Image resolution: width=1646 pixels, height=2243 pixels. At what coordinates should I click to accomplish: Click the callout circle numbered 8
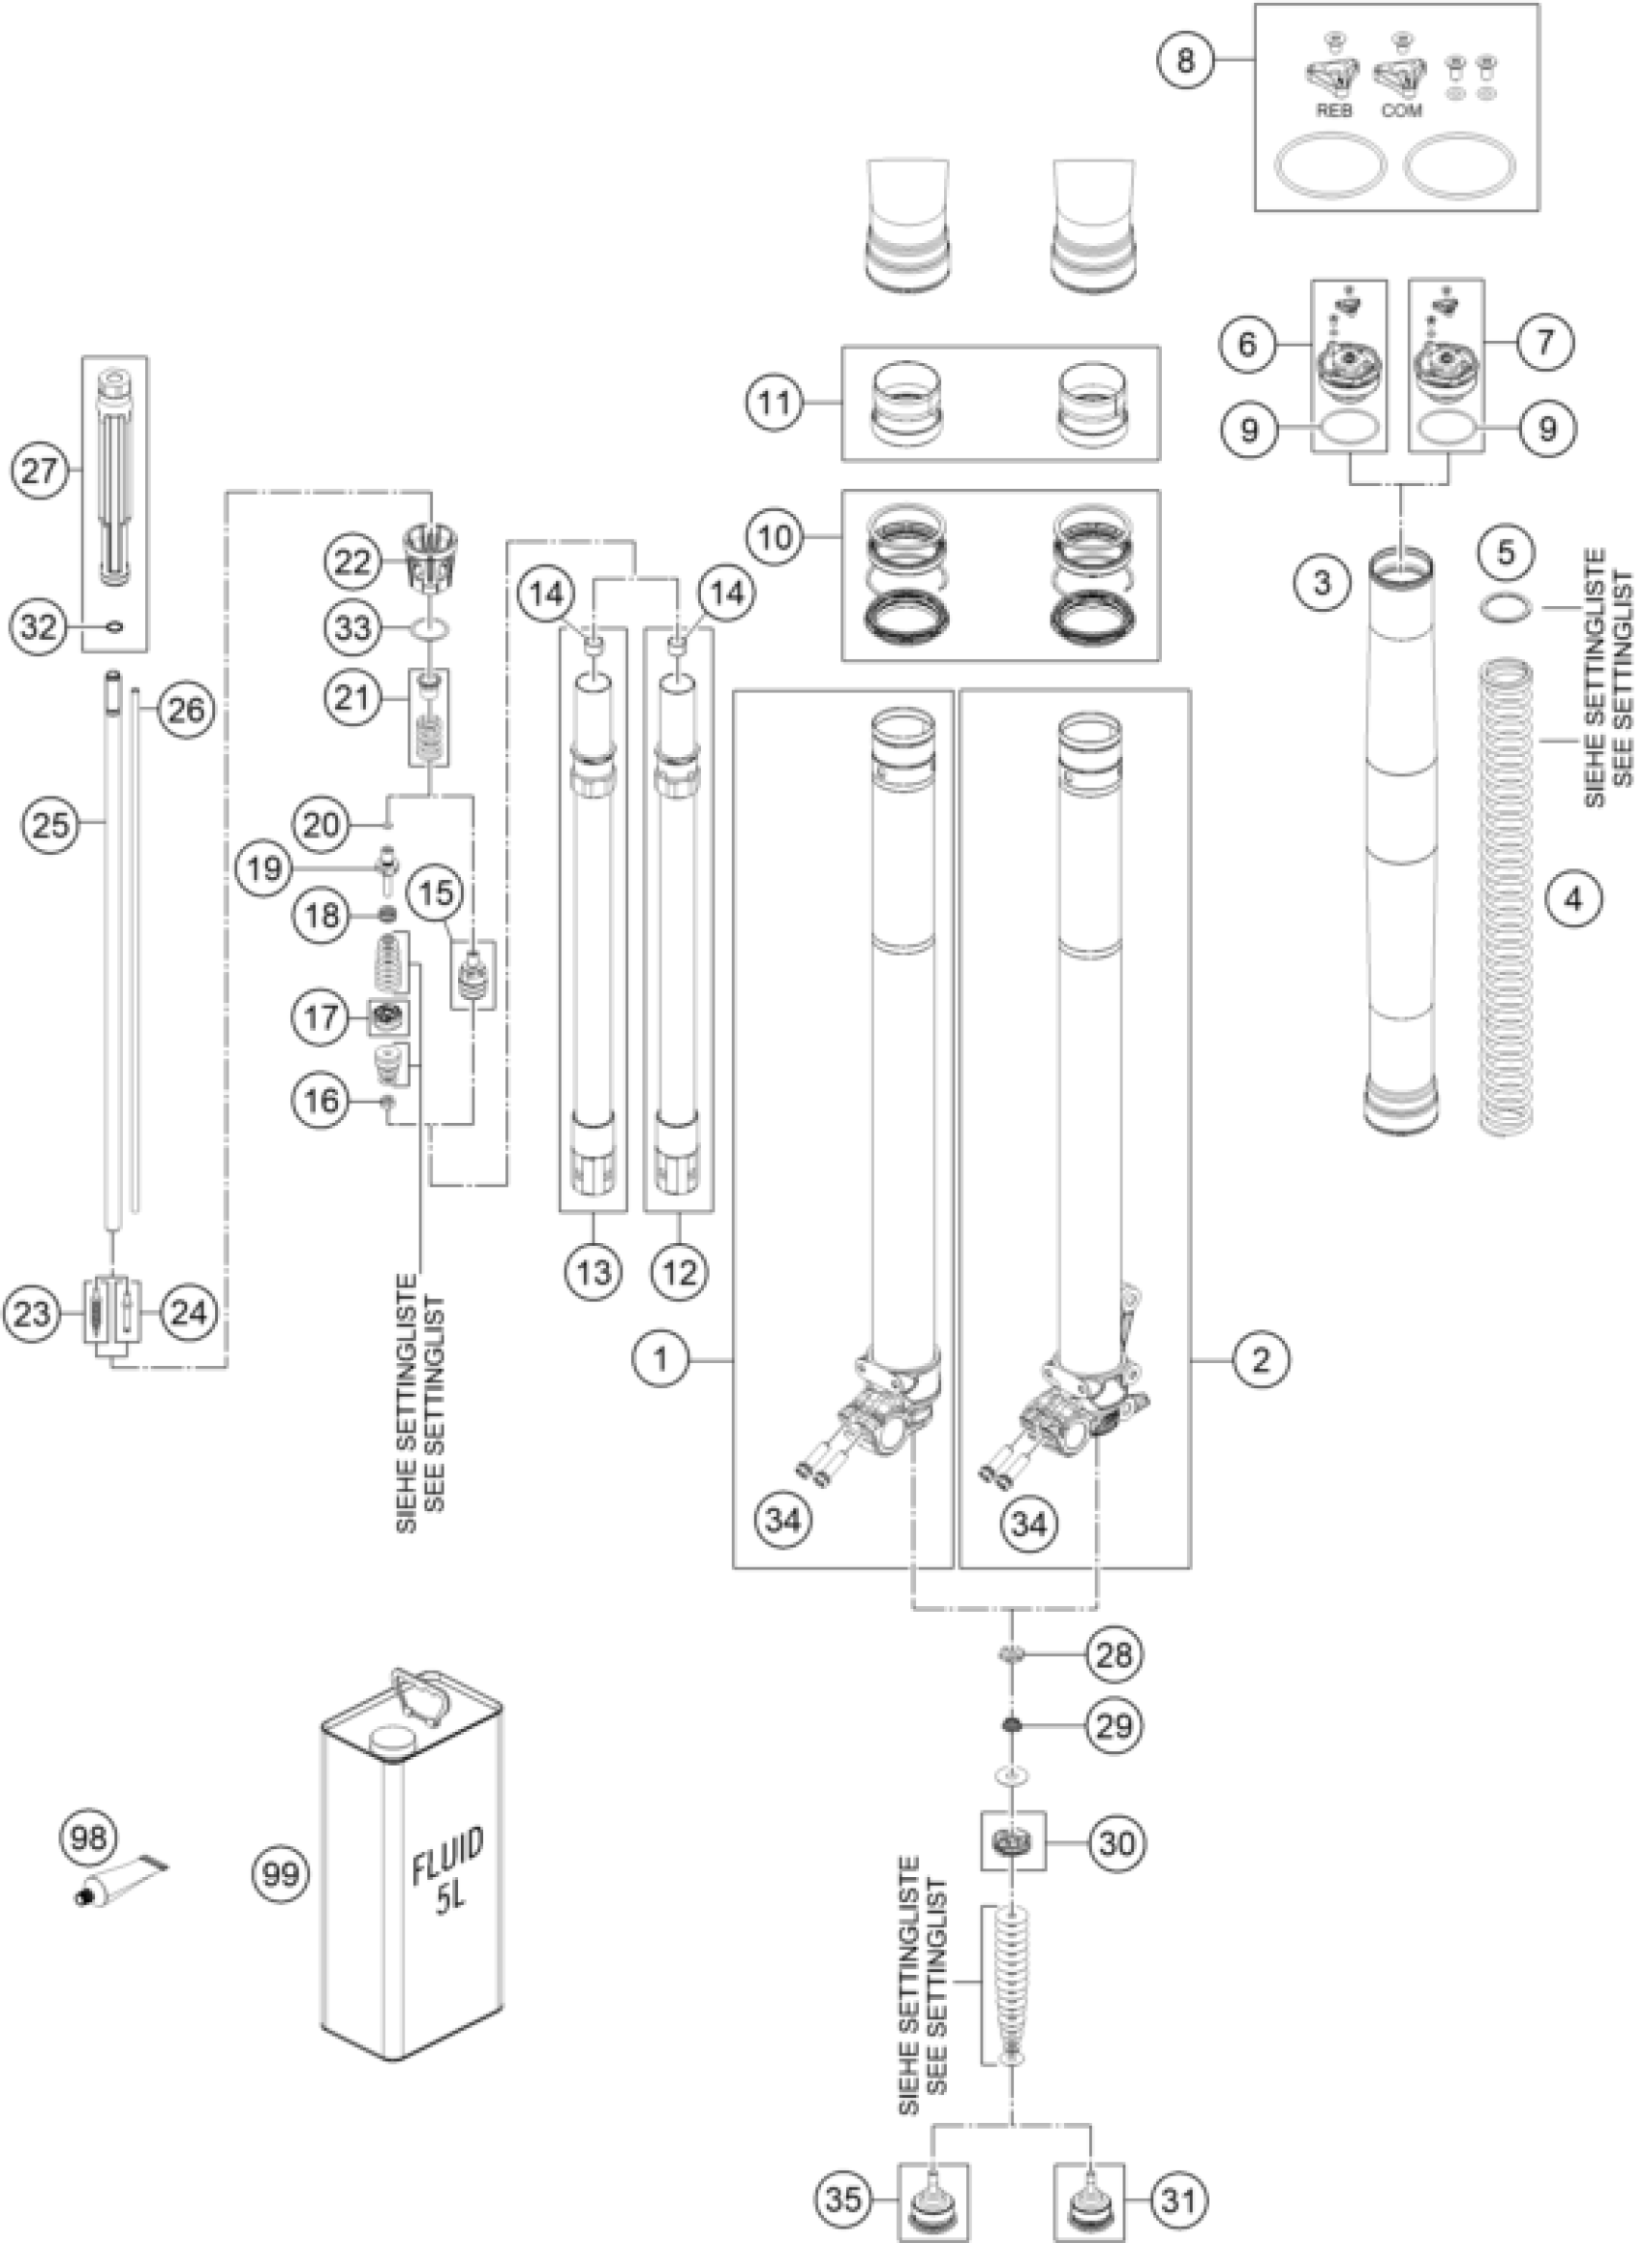click(x=1184, y=60)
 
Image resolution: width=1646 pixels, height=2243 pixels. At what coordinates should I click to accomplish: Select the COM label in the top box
click(x=1401, y=110)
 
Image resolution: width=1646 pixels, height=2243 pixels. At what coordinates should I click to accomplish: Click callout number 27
click(x=40, y=470)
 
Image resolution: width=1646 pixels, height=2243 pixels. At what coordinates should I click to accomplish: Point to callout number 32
click(x=40, y=626)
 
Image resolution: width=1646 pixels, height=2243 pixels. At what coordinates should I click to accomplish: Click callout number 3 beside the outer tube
click(x=1323, y=582)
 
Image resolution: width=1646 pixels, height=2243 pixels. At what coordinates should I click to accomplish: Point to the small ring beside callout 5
click(x=1505, y=606)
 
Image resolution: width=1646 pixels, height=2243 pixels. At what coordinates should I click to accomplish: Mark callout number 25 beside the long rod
click(x=52, y=825)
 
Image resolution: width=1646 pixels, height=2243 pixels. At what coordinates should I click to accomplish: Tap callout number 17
click(x=321, y=1016)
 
